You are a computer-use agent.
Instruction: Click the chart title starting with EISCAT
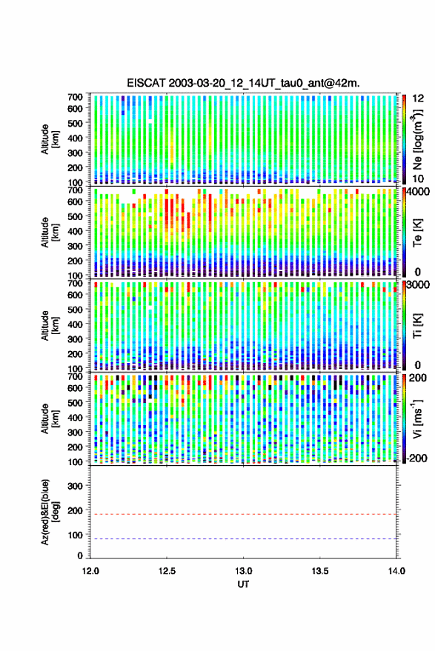coord(244,83)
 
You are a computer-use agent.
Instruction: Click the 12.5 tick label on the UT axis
coord(167,571)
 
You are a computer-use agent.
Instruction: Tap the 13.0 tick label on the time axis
coord(244,571)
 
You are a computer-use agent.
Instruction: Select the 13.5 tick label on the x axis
coord(320,571)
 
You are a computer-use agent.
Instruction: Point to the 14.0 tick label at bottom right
coord(396,571)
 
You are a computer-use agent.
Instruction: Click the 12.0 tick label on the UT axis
coord(90,571)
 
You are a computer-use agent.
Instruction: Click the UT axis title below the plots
coord(244,584)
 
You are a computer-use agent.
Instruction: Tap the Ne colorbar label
coord(418,139)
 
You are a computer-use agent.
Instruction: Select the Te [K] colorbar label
coord(417,233)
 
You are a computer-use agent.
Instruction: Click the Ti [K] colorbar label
coord(417,326)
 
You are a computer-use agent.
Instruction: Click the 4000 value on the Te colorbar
coord(417,192)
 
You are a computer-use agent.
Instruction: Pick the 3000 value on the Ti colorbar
coord(417,285)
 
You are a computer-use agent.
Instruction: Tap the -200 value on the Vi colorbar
coord(415,458)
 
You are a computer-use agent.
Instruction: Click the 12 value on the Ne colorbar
coord(419,99)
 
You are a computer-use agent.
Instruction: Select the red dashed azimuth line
coord(244,515)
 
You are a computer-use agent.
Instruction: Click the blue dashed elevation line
coord(244,539)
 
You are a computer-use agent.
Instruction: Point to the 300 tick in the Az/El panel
coord(75,486)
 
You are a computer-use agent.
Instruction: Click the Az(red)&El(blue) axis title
coord(50,513)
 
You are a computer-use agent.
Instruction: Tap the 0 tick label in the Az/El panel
coord(80,555)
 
